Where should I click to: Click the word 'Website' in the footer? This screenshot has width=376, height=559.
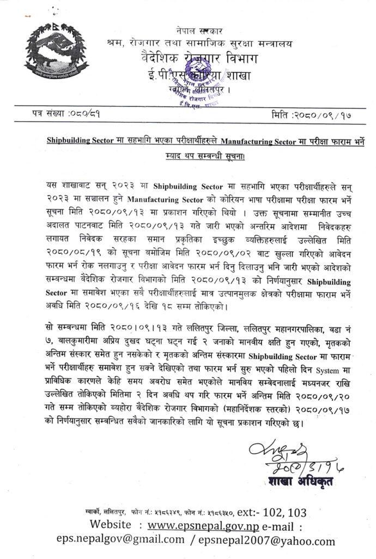pyautogui.click(x=111, y=526)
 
